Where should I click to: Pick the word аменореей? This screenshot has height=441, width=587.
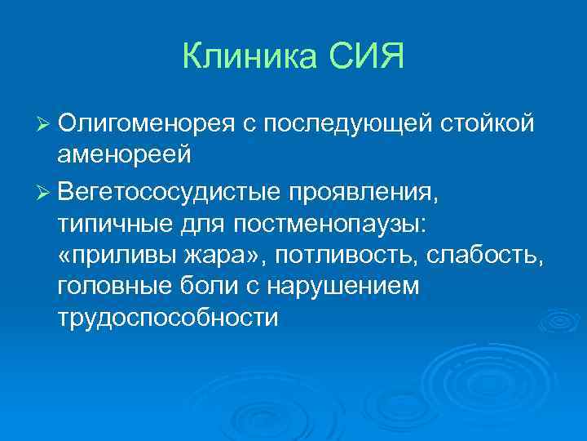(124, 155)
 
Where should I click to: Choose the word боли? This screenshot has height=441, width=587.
(213, 286)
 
